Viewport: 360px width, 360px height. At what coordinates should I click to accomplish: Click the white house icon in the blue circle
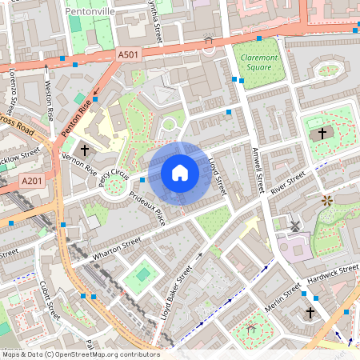(x=180, y=173)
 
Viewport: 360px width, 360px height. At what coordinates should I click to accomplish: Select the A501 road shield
(x=127, y=54)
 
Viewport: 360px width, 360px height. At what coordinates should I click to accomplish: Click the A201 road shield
(x=32, y=182)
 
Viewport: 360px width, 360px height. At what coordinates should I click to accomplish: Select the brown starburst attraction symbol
(x=326, y=200)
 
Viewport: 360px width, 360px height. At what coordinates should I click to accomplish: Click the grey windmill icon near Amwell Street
(x=294, y=226)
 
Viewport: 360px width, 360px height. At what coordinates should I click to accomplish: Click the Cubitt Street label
(x=49, y=300)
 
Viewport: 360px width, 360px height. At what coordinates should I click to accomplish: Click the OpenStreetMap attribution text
(x=80, y=354)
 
